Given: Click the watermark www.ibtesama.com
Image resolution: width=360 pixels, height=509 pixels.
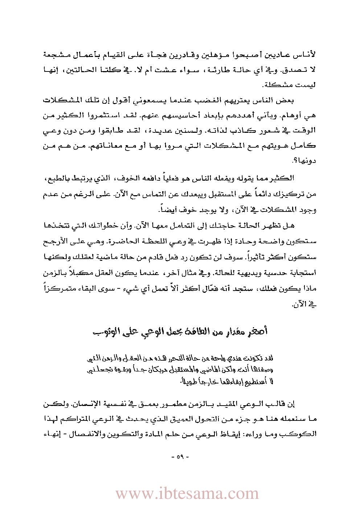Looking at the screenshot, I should click(x=187, y=493).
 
